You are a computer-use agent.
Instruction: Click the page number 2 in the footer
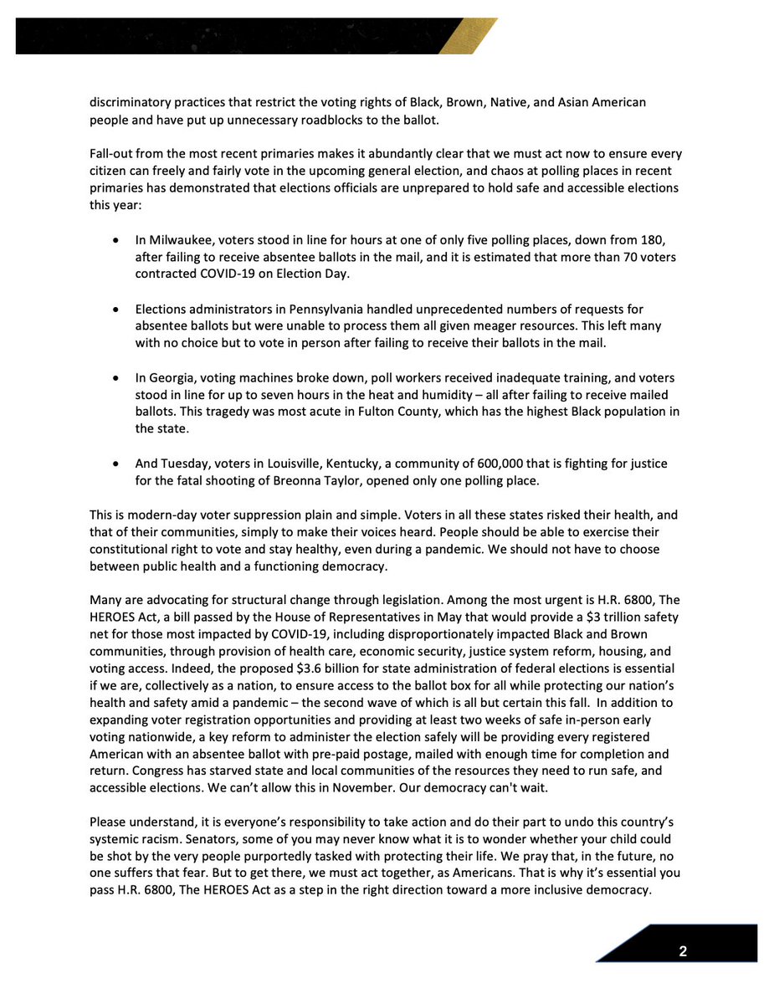683,952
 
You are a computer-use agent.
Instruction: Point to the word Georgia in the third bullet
172,378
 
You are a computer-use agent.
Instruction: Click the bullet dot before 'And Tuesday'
115,464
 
